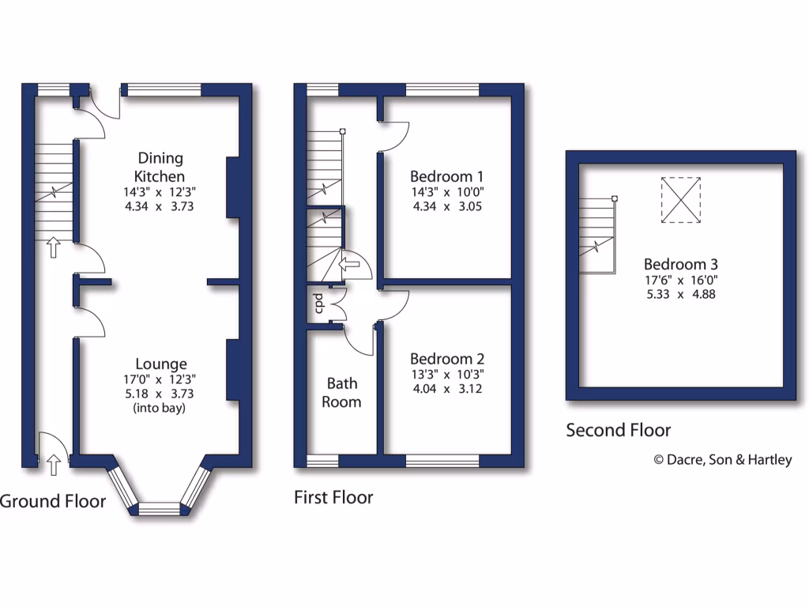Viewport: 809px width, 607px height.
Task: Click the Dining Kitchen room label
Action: pyautogui.click(x=161, y=167)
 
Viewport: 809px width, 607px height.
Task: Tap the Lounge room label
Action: pyautogui.click(x=161, y=364)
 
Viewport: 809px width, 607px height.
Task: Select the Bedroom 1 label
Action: pyautogui.click(x=447, y=175)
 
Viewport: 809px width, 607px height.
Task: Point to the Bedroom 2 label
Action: pyautogui.click(x=447, y=357)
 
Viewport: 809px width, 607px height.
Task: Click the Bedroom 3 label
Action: pyautogui.click(x=680, y=264)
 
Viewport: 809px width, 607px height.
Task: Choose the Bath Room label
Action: pyautogui.click(x=343, y=392)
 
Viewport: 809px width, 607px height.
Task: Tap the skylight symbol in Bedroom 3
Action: pyautogui.click(x=680, y=200)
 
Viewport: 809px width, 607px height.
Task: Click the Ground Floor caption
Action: pyautogui.click(x=52, y=500)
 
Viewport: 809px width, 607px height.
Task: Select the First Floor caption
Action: pyautogui.click(x=333, y=497)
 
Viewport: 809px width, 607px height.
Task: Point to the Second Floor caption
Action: pyautogui.click(x=618, y=430)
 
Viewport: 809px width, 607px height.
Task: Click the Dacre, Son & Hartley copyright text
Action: pyautogui.click(x=722, y=459)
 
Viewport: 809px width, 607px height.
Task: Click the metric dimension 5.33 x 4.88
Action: pyautogui.click(x=680, y=294)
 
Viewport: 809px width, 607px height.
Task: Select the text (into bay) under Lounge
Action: pyautogui.click(x=161, y=409)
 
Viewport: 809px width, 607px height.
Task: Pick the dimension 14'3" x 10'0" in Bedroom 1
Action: pyautogui.click(x=447, y=192)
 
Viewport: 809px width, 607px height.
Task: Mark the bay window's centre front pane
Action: pyautogui.click(x=161, y=508)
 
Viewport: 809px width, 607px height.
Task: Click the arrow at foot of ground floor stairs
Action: pyautogui.click(x=53, y=248)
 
